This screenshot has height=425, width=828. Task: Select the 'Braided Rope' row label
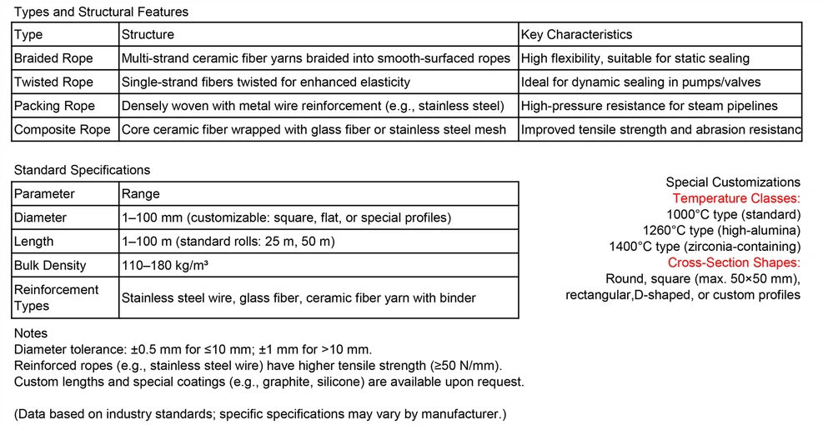click(x=53, y=58)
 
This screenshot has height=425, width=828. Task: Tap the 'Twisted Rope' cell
click(x=53, y=82)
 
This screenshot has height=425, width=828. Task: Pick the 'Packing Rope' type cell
click(x=54, y=106)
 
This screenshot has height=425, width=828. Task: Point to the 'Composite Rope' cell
click(x=62, y=129)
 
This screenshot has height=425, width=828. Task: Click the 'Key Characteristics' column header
click(x=576, y=35)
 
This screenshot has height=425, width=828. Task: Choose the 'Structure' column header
click(x=148, y=35)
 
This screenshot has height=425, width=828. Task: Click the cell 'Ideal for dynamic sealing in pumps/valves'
click(x=640, y=82)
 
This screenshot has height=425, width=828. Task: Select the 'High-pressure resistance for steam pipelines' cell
click(x=649, y=106)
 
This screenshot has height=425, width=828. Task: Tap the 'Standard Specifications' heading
click(x=82, y=170)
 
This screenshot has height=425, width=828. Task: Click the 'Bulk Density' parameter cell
click(x=50, y=265)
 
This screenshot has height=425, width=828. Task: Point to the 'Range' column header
click(x=140, y=194)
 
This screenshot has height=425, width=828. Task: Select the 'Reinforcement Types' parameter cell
click(x=56, y=297)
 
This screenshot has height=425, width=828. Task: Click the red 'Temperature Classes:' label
click(x=736, y=198)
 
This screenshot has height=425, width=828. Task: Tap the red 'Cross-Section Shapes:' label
click(x=734, y=262)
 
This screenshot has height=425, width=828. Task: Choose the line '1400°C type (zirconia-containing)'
click(x=705, y=247)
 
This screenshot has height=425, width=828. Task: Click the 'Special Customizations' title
click(x=733, y=182)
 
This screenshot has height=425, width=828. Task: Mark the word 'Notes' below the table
click(x=32, y=333)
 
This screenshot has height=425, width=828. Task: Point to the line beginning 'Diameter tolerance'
click(x=193, y=349)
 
